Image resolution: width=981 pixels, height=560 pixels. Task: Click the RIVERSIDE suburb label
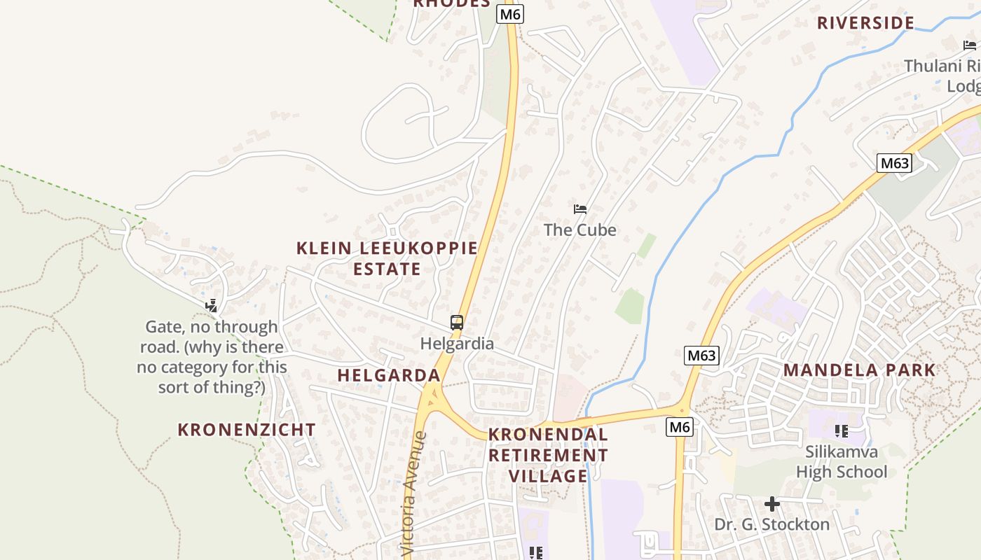[865, 23]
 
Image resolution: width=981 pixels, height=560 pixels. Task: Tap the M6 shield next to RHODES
[510, 14]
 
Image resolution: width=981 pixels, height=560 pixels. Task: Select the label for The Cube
[580, 230]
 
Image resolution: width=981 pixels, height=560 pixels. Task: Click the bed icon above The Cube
[580, 209]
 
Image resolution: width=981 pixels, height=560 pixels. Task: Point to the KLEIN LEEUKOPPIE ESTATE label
[387, 258]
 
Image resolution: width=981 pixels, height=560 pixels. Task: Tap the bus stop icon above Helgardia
[457, 323]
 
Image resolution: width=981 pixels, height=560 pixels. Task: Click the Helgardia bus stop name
[457, 344]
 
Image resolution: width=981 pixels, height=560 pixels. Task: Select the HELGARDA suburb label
[389, 375]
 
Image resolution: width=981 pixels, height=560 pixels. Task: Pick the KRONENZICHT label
[247, 430]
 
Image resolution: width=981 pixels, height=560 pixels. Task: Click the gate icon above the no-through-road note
[211, 305]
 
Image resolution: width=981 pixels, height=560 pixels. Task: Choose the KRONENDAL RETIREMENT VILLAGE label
[548, 455]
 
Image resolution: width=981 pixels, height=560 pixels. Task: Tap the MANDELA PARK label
[859, 370]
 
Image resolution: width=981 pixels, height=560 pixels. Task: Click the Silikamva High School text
[841, 461]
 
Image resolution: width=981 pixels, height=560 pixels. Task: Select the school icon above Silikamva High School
[841, 431]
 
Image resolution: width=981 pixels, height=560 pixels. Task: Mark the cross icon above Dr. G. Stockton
[771, 503]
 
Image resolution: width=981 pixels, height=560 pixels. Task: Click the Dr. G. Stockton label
[771, 524]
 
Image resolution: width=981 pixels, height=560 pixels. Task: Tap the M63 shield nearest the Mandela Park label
[701, 356]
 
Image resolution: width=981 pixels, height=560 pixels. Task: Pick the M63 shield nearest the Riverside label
[894, 164]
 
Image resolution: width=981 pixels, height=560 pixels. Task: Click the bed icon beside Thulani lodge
[970, 45]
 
